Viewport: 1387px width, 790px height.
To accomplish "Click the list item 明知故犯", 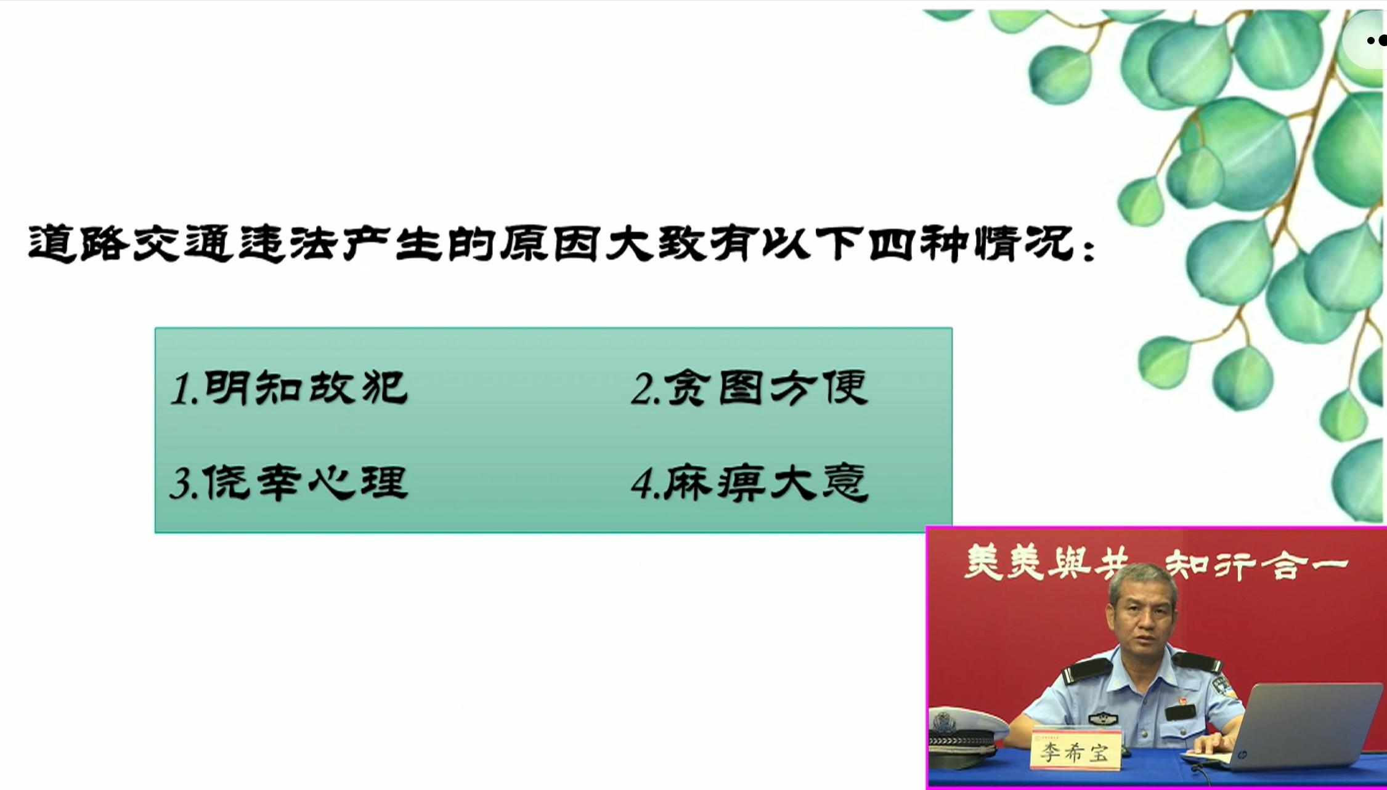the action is tap(306, 388).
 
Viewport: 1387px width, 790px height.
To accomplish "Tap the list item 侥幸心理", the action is tap(306, 482).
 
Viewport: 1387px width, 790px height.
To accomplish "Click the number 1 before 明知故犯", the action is tap(181, 390).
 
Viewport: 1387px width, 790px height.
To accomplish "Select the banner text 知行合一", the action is tap(1257, 565).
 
